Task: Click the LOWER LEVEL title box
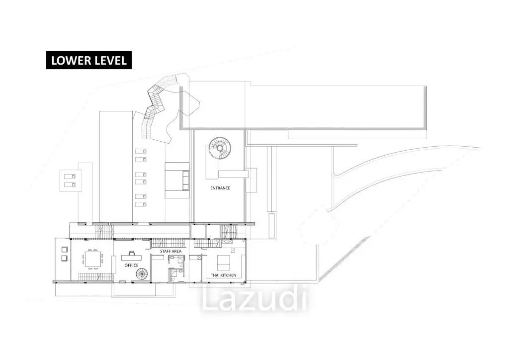[x=88, y=60]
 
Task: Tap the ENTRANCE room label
[x=220, y=188]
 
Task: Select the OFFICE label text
[x=131, y=265]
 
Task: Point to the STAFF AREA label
[x=171, y=251]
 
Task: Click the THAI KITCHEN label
[x=224, y=275]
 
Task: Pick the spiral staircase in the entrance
[x=220, y=148]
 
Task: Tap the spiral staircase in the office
[x=142, y=274]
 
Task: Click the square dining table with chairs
[x=92, y=259]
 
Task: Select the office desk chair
[x=131, y=253]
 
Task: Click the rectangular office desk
[x=131, y=258]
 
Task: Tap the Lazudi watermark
[x=254, y=299]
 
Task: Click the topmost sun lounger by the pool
[x=141, y=151]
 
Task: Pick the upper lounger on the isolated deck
[x=70, y=177]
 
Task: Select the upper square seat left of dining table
[x=64, y=250]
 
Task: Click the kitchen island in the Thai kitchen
[x=223, y=263]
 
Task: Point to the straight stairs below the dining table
[x=95, y=277]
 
